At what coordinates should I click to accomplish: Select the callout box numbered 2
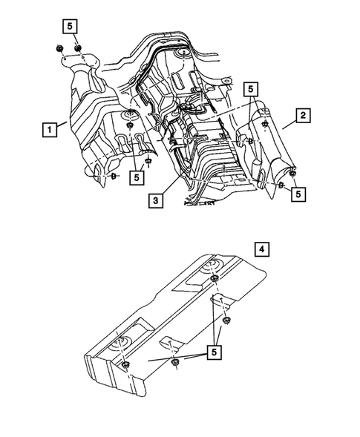[302, 115]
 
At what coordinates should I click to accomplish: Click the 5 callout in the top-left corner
[69, 25]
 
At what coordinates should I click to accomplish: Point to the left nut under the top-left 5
[60, 50]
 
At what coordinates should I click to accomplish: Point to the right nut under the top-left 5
[77, 49]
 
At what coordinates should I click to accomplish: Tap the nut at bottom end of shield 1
[114, 177]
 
